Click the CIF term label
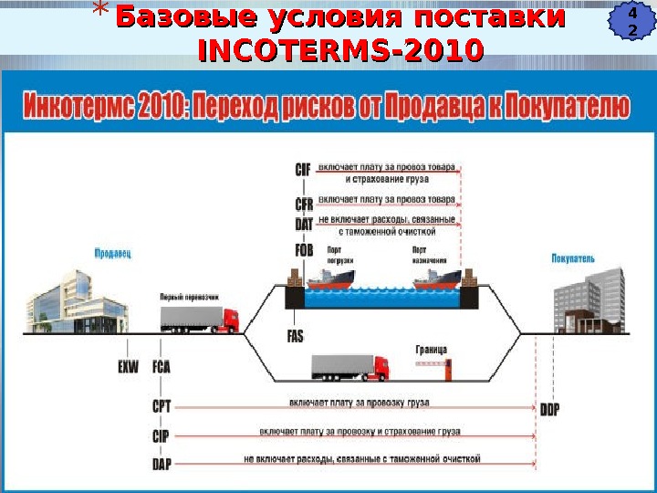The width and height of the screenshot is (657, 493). coord(304,169)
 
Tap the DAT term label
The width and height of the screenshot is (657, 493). coord(304,223)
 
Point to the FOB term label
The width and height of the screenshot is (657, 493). coord(304,249)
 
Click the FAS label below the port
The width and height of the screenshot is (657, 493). coord(295,336)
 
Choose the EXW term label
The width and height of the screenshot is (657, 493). coord(129,366)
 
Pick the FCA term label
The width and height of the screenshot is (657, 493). coord(162,366)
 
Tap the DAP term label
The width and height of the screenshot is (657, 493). coord(162,463)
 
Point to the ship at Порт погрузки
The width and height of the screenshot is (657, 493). coord(331,278)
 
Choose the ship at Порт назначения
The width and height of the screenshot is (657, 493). coord(441,278)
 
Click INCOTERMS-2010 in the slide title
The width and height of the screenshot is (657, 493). coord(340,50)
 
